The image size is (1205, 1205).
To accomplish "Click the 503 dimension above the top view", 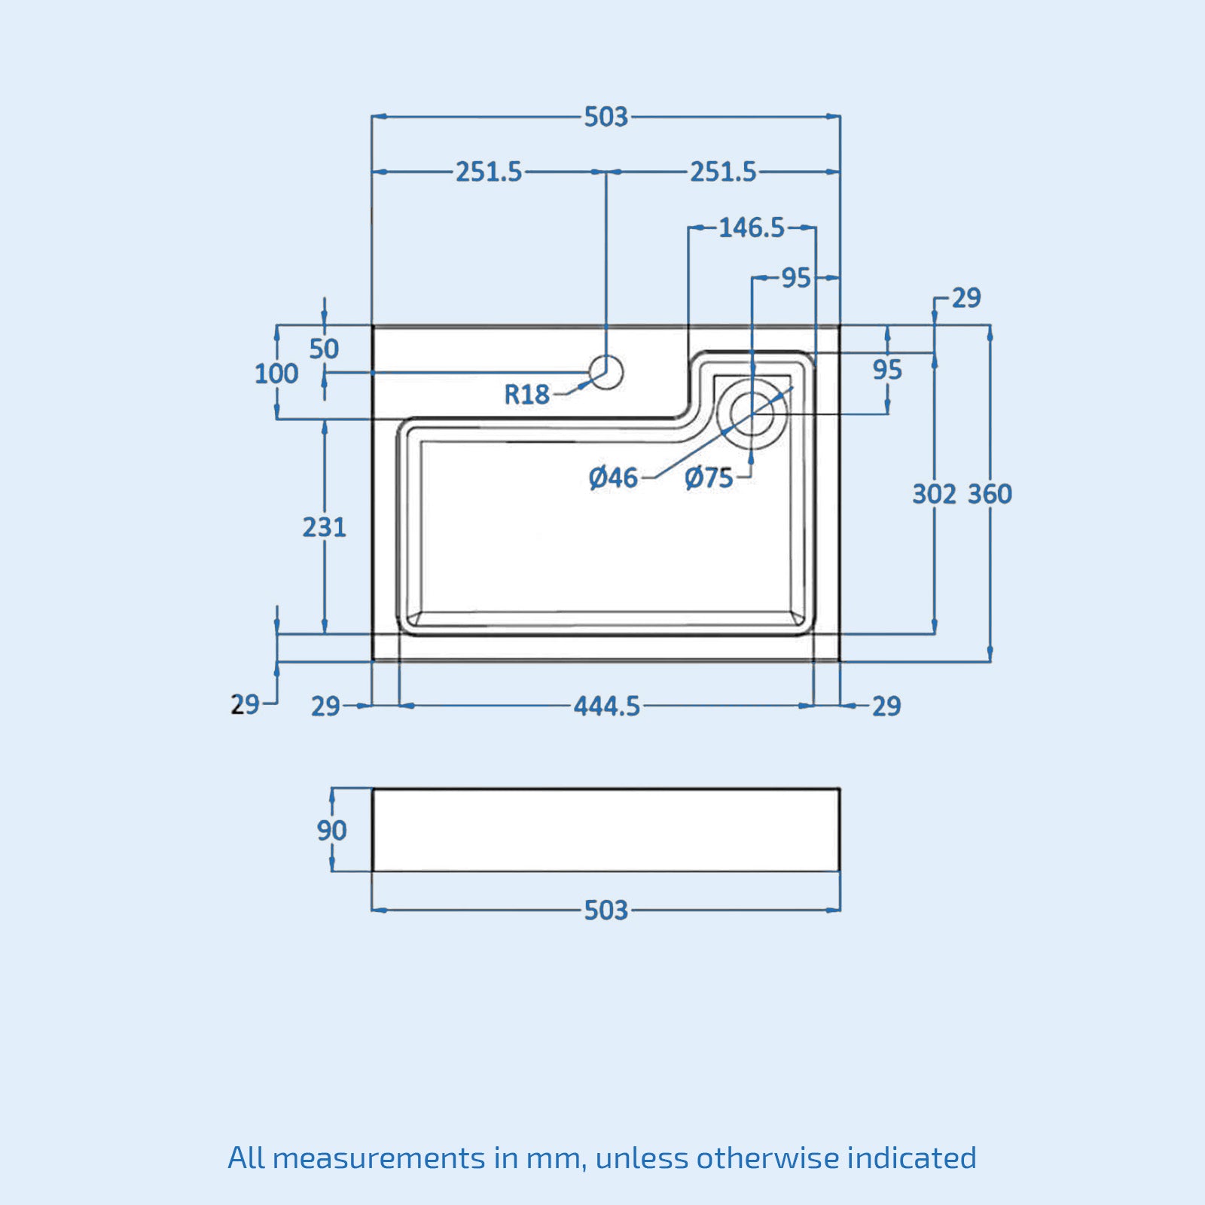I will (x=606, y=117).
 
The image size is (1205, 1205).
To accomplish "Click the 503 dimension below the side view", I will (x=606, y=911).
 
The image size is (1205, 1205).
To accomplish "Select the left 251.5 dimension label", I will (x=489, y=172).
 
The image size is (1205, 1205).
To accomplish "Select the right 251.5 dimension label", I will (x=724, y=172).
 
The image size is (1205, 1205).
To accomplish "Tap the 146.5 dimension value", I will (x=752, y=227).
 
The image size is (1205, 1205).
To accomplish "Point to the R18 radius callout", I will (x=526, y=394).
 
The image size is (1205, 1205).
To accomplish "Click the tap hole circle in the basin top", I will (x=606, y=372).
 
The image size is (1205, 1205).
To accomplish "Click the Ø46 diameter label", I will (x=614, y=477).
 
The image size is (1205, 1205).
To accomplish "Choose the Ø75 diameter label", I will (x=709, y=477).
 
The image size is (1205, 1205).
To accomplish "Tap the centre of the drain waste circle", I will (x=752, y=413).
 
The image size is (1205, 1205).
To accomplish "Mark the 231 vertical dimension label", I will (x=325, y=527).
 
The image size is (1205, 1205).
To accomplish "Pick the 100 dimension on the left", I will (x=276, y=374).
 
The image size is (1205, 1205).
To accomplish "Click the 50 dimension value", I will (x=324, y=349).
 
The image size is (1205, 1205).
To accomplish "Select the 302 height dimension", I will (x=935, y=494).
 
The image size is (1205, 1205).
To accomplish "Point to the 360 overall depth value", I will (x=990, y=494).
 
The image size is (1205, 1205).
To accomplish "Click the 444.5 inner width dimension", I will (x=607, y=706).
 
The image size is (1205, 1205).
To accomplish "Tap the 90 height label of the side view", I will (x=331, y=831).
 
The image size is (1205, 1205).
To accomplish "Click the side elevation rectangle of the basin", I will (x=606, y=830).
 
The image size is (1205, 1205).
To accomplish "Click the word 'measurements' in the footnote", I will (x=379, y=1158).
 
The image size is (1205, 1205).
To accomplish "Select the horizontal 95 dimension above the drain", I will (x=795, y=279).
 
